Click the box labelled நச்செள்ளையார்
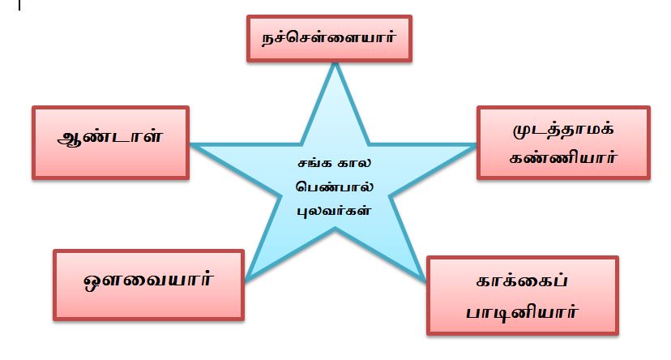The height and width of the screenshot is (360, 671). [329, 38]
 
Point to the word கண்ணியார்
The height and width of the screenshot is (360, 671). [564, 157]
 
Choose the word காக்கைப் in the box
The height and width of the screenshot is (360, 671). [522, 283]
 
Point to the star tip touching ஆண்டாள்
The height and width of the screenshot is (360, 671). [193, 145]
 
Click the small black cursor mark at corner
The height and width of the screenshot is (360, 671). [19, 5]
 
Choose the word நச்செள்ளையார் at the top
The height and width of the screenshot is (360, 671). [329, 37]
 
